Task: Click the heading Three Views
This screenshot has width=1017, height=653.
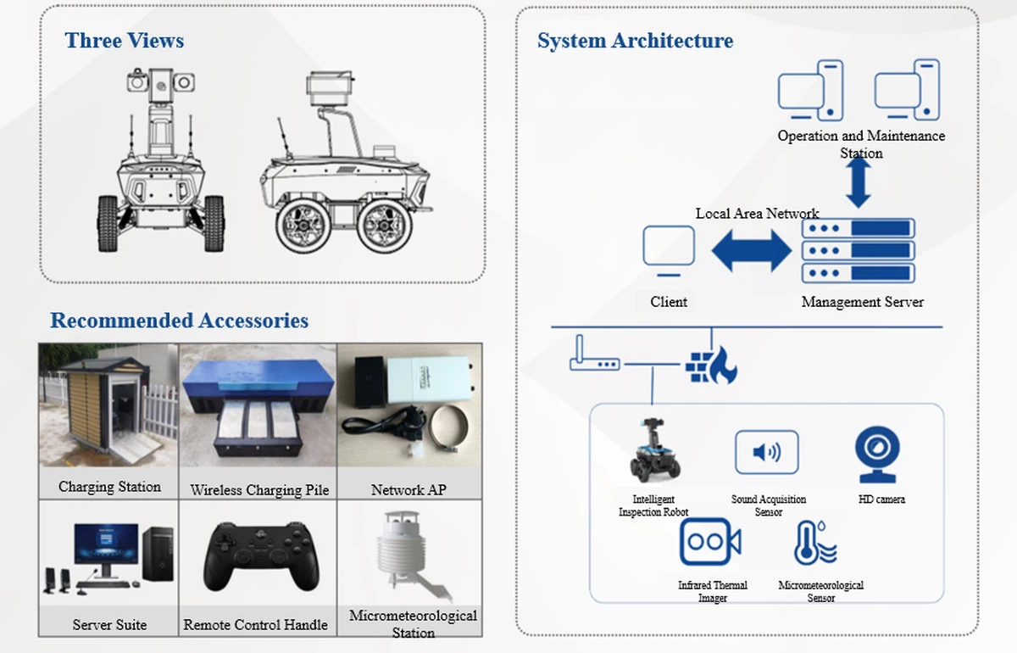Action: [x=125, y=40]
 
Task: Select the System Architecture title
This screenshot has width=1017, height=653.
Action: [x=635, y=40]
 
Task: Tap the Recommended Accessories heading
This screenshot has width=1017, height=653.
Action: [x=179, y=321]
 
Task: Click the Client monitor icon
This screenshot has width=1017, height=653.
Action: [x=669, y=250]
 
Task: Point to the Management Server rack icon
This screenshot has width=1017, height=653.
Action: [x=858, y=250]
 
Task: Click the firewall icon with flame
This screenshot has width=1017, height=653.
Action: [x=711, y=364]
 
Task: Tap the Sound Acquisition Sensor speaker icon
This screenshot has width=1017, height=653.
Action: [x=766, y=452]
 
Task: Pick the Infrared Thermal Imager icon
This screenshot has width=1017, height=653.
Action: [x=711, y=542]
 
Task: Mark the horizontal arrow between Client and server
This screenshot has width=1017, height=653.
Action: [x=751, y=251]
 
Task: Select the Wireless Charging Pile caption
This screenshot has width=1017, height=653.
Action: [x=259, y=489]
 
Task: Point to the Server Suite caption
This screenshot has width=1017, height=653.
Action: [x=109, y=625]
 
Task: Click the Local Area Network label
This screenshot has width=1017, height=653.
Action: [x=757, y=213]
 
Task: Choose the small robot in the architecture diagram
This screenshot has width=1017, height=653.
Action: [x=653, y=452]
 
